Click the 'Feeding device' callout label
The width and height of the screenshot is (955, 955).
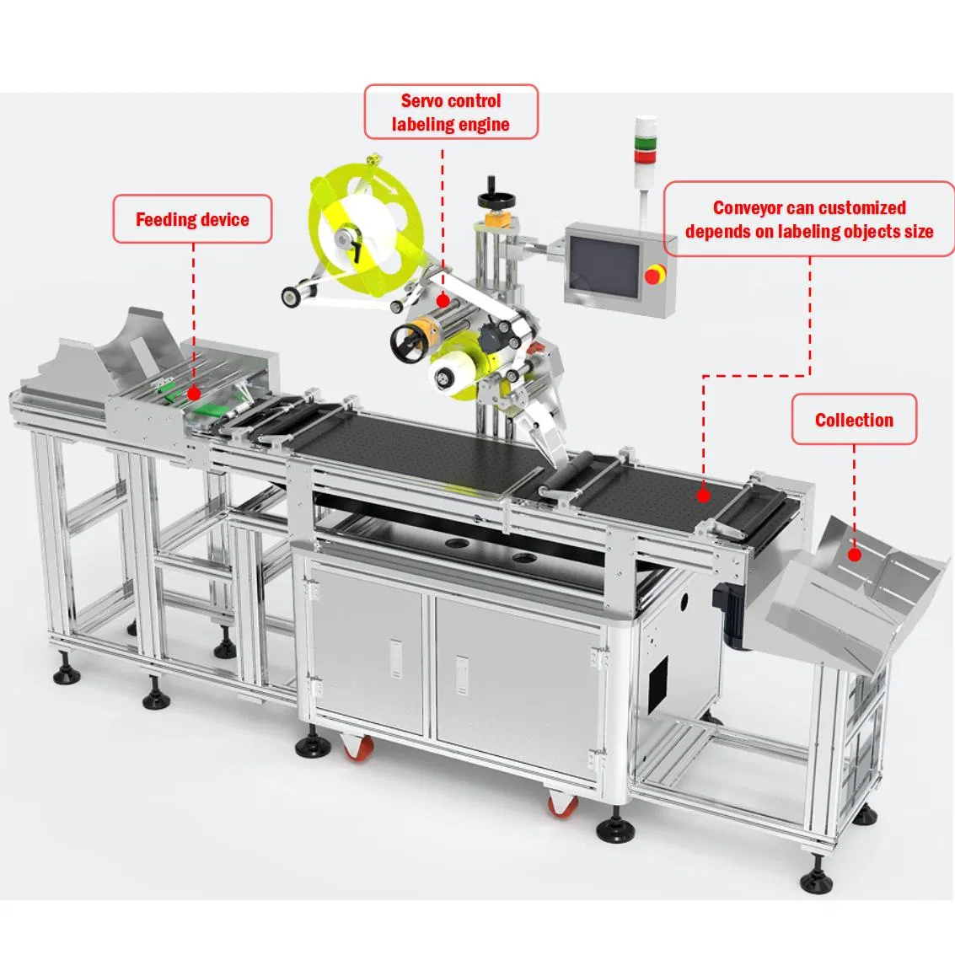click(192, 220)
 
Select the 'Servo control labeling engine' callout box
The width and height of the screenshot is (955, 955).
click(450, 112)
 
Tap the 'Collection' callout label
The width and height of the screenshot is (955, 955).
click(853, 420)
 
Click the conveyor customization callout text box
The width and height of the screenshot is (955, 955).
click(808, 219)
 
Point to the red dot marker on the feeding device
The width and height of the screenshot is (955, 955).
click(193, 393)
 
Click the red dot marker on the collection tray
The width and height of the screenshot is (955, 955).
click(854, 555)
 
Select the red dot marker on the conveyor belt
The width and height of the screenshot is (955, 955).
click(702, 496)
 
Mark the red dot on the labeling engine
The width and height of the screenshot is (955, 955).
click(443, 299)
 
